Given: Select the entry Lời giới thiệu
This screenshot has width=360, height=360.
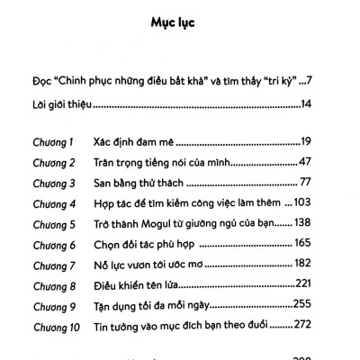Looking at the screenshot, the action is point(58,106).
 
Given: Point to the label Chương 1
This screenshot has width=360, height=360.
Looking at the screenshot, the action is point(46,142).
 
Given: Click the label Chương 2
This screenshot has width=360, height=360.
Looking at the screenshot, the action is point(47,163).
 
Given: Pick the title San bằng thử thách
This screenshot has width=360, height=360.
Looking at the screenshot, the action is point(136,183).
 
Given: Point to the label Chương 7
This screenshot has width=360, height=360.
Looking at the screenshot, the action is point(47,264).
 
